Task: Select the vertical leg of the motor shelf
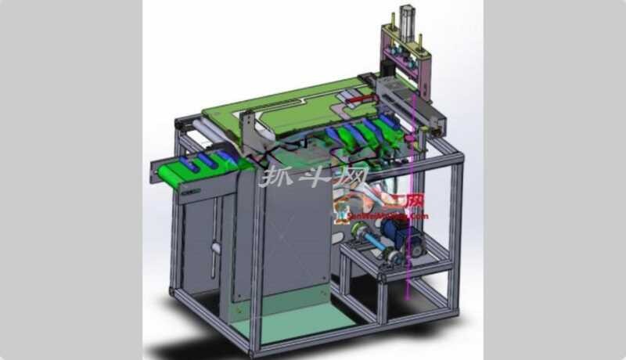pos(383,297)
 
